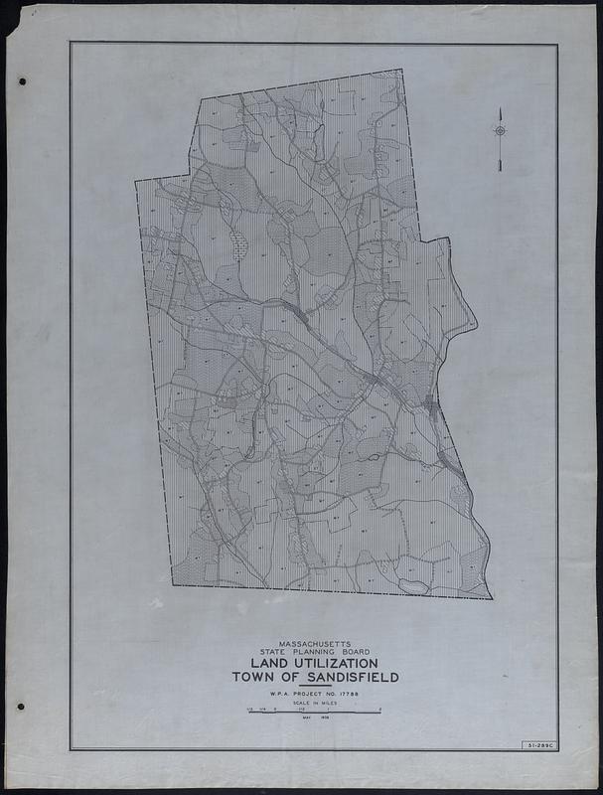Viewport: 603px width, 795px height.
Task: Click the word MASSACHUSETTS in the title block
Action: pos(315,643)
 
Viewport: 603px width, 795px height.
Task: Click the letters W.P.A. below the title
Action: pos(269,693)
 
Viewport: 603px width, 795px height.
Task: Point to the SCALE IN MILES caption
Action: pos(315,703)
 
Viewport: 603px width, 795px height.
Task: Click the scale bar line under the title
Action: pos(315,713)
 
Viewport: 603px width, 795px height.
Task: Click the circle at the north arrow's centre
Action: pos(501,131)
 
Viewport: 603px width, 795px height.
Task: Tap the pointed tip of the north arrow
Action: pos(501,108)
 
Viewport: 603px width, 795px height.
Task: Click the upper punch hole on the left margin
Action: pos(21,82)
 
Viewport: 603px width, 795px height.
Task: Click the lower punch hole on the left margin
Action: pos(20,708)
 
